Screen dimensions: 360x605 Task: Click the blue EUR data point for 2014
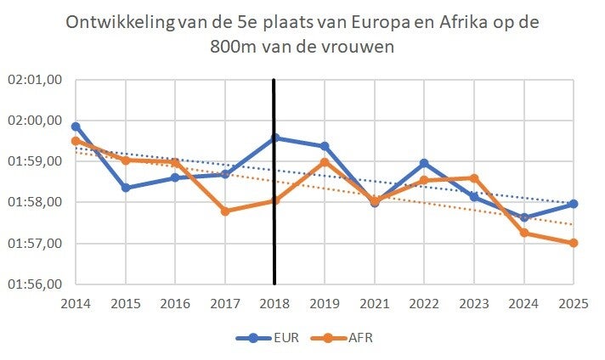click(x=76, y=127)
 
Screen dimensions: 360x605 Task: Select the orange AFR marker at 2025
click(x=574, y=243)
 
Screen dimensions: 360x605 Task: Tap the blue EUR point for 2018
click(x=274, y=138)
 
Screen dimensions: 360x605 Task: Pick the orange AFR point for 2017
click(x=225, y=211)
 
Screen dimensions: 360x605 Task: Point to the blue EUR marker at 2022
click(x=424, y=163)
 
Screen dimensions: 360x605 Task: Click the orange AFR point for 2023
click(x=474, y=178)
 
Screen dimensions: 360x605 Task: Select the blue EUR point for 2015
click(x=126, y=188)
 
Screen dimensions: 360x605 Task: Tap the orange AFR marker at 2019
click(x=325, y=162)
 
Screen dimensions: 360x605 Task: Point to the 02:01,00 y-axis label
click(x=35, y=80)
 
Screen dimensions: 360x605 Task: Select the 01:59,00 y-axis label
click(x=35, y=161)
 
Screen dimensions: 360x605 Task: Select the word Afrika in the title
click(x=453, y=23)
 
